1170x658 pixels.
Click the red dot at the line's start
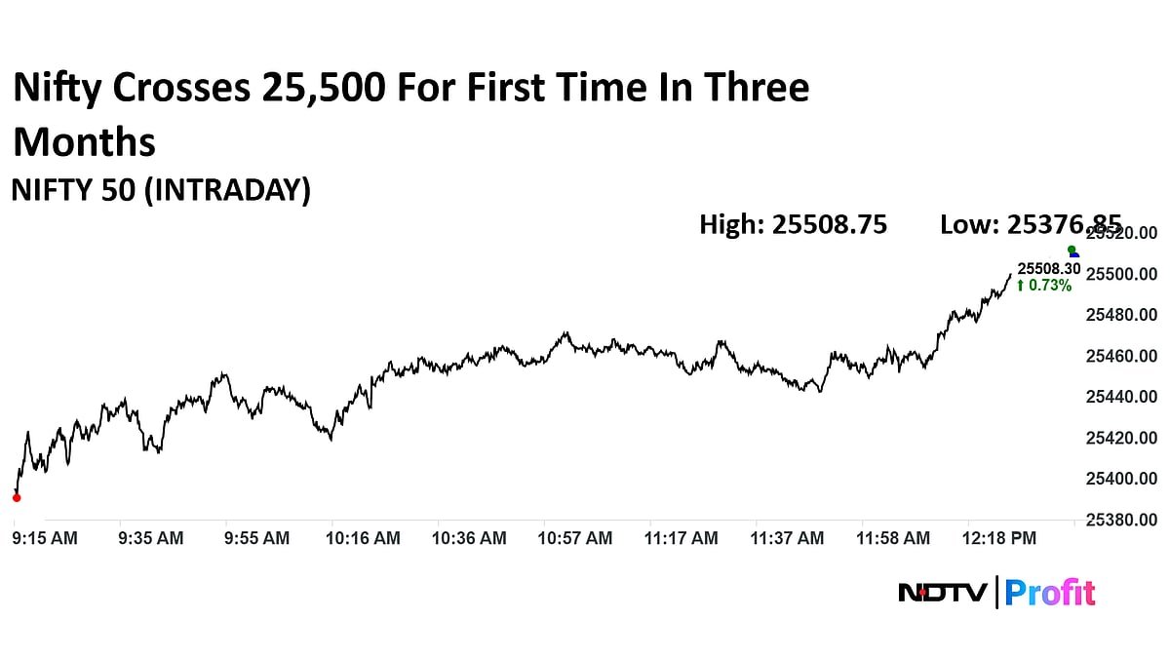[x=16, y=497]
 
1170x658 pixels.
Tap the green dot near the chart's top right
[x=1072, y=250]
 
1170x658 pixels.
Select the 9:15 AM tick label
[x=45, y=537]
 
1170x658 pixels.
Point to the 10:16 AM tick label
[x=363, y=537]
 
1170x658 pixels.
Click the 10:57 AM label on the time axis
[x=576, y=537]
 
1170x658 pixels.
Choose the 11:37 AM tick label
[x=788, y=537]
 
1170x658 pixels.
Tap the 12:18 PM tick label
[x=1000, y=537]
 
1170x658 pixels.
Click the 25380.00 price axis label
[x=1121, y=520]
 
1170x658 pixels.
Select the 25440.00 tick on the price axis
[x=1121, y=397]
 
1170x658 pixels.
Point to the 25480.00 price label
[x=1121, y=315]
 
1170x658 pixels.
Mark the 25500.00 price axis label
[x=1121, y=274]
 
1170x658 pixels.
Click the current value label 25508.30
[x=1049, y=268]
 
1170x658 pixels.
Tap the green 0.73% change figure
[x=1044, y=286]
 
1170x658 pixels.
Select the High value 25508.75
[x=830, y=224]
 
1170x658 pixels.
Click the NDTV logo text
[x=943, y=592]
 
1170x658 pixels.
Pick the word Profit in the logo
[x=1050, y=592]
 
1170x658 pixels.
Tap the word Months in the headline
[x=85, y=142]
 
